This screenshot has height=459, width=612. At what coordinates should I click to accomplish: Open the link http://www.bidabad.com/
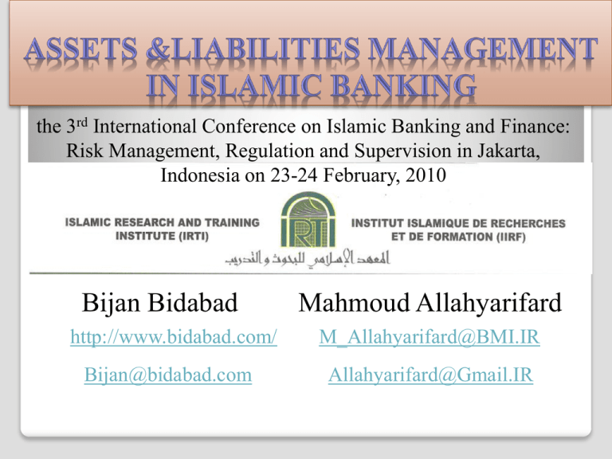point(174,340)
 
